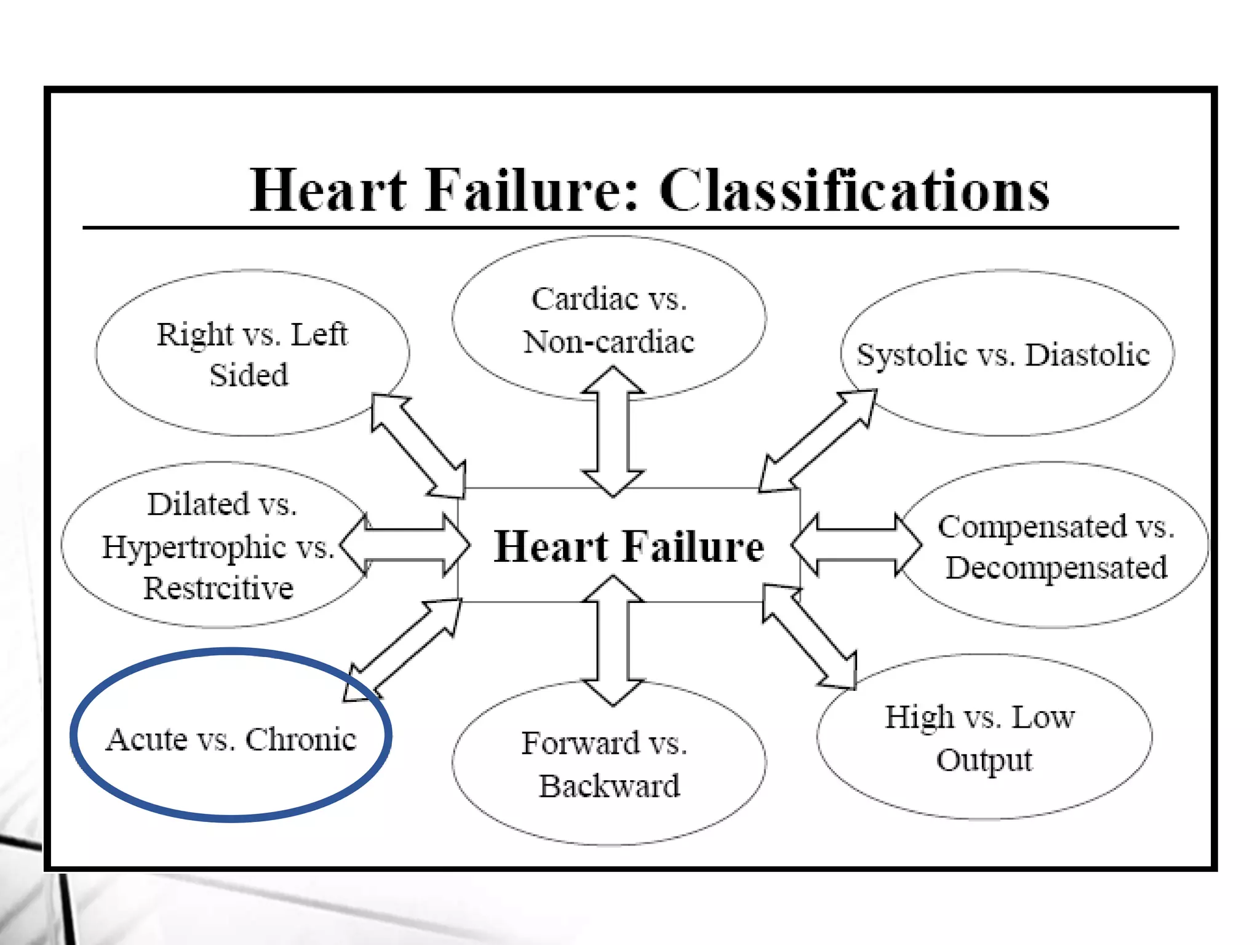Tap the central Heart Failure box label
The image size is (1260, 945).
(x=629, y=546)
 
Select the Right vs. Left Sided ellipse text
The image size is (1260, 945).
(x=252, y=354)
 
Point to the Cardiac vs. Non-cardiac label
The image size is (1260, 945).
(x=609, y=320)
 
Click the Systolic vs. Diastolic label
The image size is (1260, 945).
(x=1003, y=355)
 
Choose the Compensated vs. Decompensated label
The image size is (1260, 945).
(x=1056, y=547)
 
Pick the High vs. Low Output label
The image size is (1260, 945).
(x=981, y=738)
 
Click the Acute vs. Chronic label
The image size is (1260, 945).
(x=231, y=739)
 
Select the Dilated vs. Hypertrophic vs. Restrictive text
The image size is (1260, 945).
(x=219, y=546)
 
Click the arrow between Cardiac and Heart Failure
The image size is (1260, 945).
(x=613, y=431)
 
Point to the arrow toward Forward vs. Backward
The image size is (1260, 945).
(x=613, y=640)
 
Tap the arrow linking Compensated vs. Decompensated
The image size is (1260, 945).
(x=856, y=545)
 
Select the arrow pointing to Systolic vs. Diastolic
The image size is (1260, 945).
(x=818, y=441)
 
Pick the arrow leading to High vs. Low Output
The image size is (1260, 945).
(x=810, y=637)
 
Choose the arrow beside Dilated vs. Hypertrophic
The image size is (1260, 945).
(x=405, y=545)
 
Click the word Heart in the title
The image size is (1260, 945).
(x=329, y=191)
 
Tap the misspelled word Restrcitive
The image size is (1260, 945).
(x=218, y=588)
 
